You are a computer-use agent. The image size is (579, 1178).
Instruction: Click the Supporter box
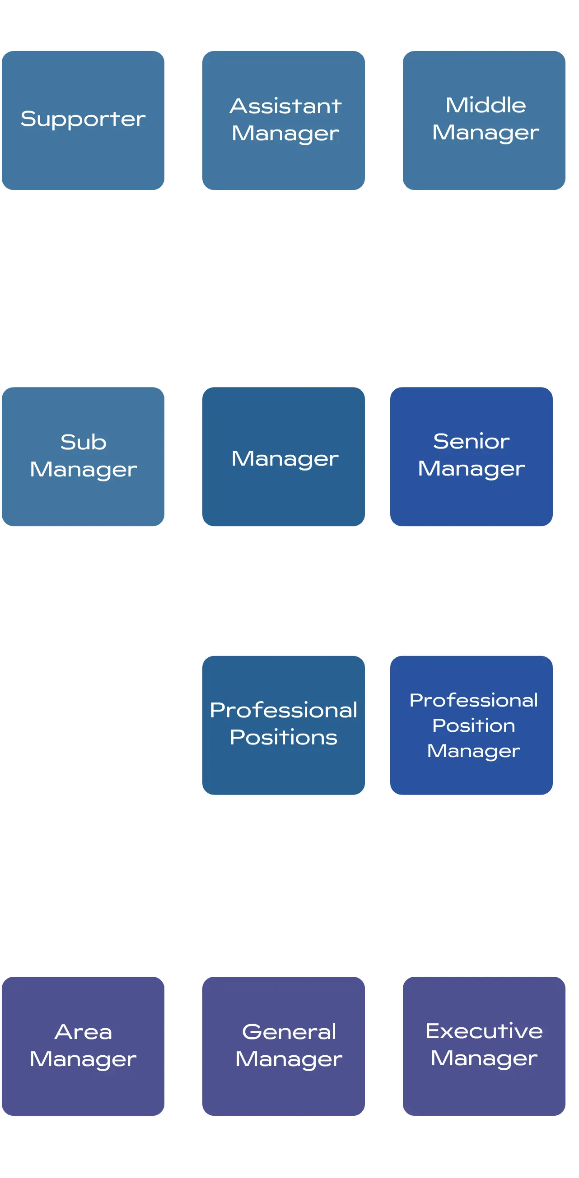(x=83, y=120)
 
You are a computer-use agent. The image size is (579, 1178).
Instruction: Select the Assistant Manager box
(x=284, y=120)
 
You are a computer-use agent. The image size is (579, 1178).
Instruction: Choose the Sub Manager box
(x=83, y=457)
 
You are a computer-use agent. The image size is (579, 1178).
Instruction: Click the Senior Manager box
(x=471, y=457)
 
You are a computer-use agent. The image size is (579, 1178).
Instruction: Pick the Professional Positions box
(x=284, y=725)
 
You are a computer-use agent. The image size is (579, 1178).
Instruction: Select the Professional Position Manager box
(x=471, y=725)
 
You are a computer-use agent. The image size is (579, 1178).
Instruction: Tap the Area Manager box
(x=83, y=1046)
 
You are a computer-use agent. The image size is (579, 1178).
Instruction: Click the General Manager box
(x=284, y=1046)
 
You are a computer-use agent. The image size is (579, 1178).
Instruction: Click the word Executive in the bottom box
(x=484, y=1032)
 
